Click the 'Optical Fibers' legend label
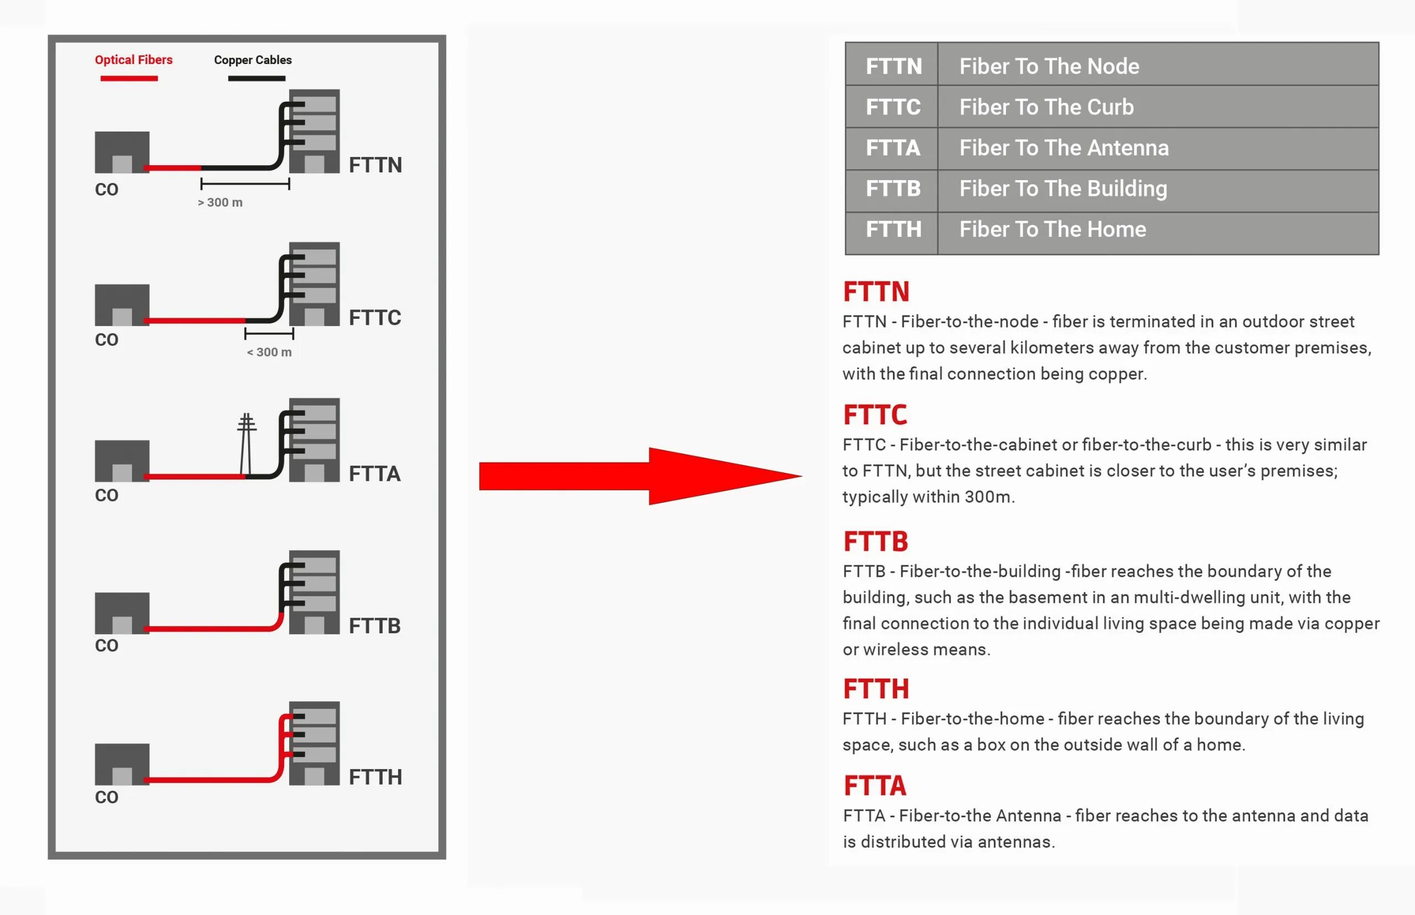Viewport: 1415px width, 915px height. click(x=134, y=60)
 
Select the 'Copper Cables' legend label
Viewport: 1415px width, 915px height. click(x=253, y=60)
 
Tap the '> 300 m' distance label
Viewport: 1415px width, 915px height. click(x=220, y=203)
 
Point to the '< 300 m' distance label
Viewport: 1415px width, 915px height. click(x=269, y=353)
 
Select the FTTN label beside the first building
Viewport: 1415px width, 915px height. click(x=375, y=165)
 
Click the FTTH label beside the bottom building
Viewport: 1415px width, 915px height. click(x=375, y=777)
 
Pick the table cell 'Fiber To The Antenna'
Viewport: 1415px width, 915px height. click(x=1064, y=148)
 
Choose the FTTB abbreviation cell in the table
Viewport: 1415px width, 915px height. click(x=893, y=189)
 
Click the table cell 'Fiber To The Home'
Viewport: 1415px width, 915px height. click(x=1052, y=229)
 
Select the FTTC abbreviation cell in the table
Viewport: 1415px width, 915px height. click(x=893, y=107)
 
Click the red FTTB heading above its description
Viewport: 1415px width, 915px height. click(x=876, y=541)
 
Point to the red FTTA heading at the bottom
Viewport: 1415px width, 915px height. click(x=875, y=786)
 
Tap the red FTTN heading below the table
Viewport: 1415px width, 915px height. click(x=876, y=292)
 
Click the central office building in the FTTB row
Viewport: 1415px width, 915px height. click(x=122, y=613)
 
